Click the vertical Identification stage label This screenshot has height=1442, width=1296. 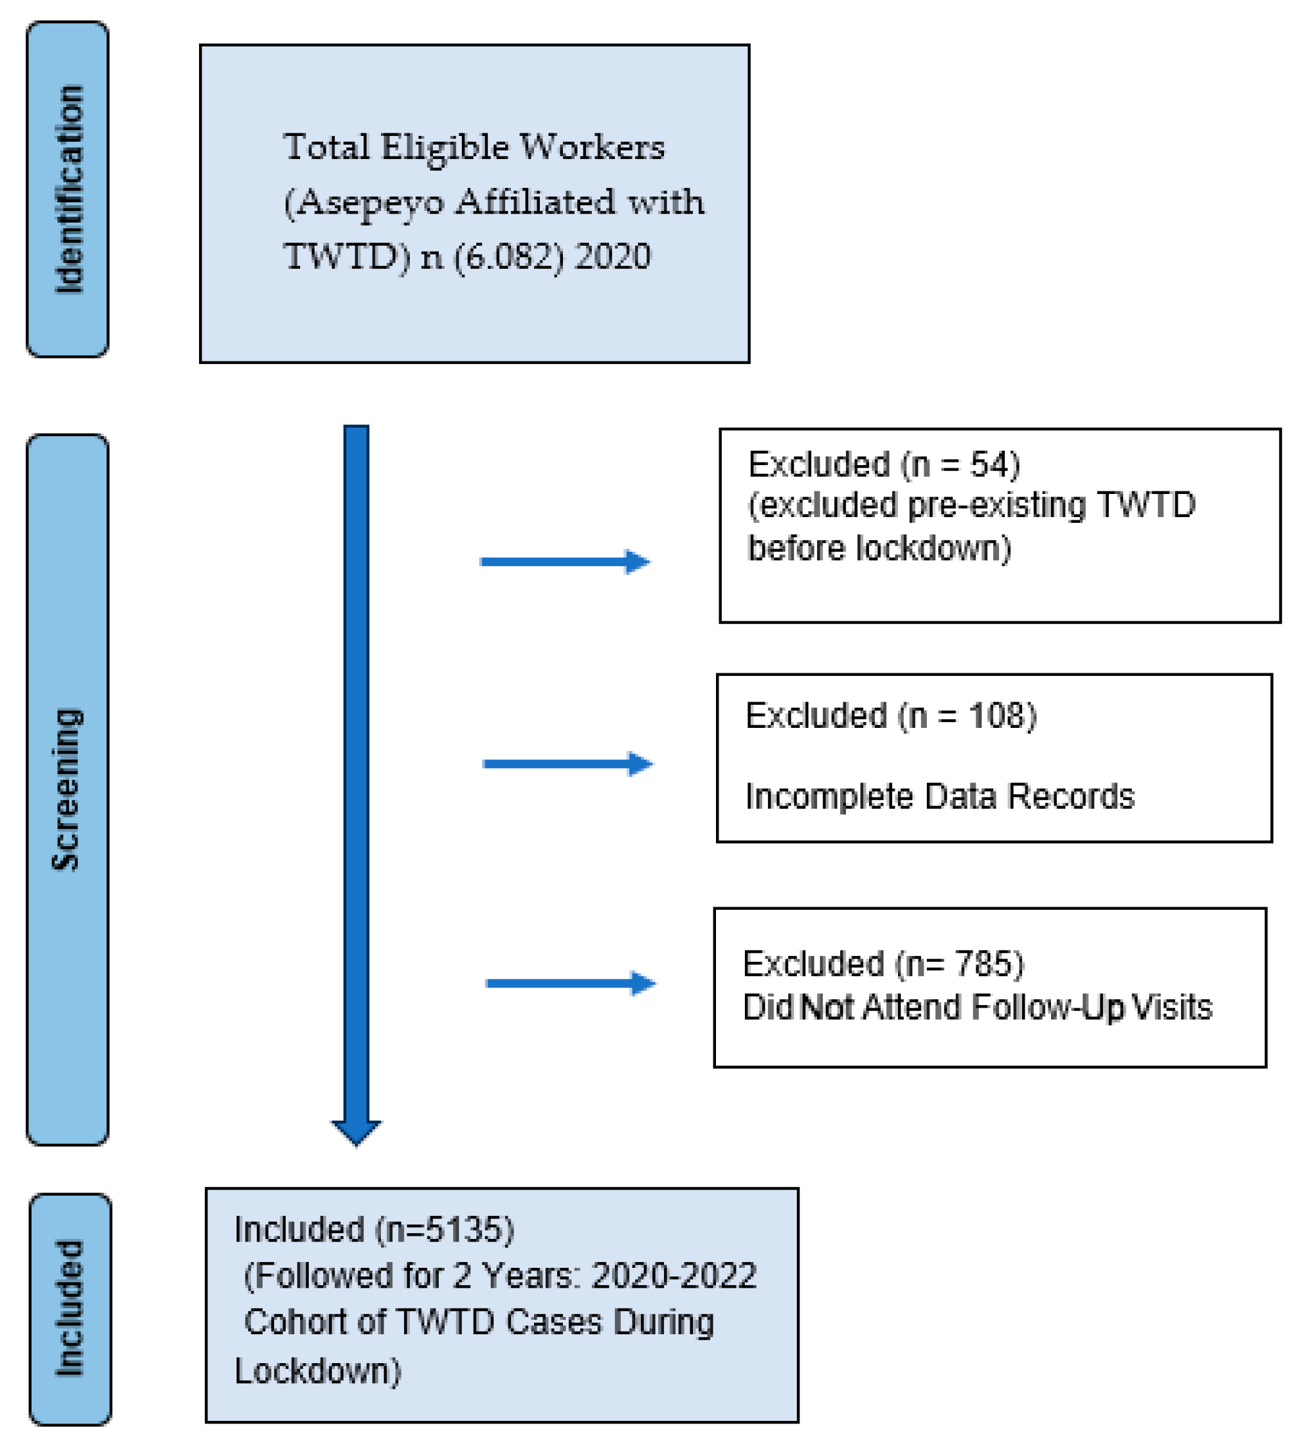tap(69, 189)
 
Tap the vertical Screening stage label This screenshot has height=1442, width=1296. tap(68, 789)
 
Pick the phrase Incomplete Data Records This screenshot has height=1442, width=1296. tap(939, 796)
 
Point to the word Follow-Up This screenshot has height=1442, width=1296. tap(1047, 1007)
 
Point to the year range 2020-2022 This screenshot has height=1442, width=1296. tap(674, 1275)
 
